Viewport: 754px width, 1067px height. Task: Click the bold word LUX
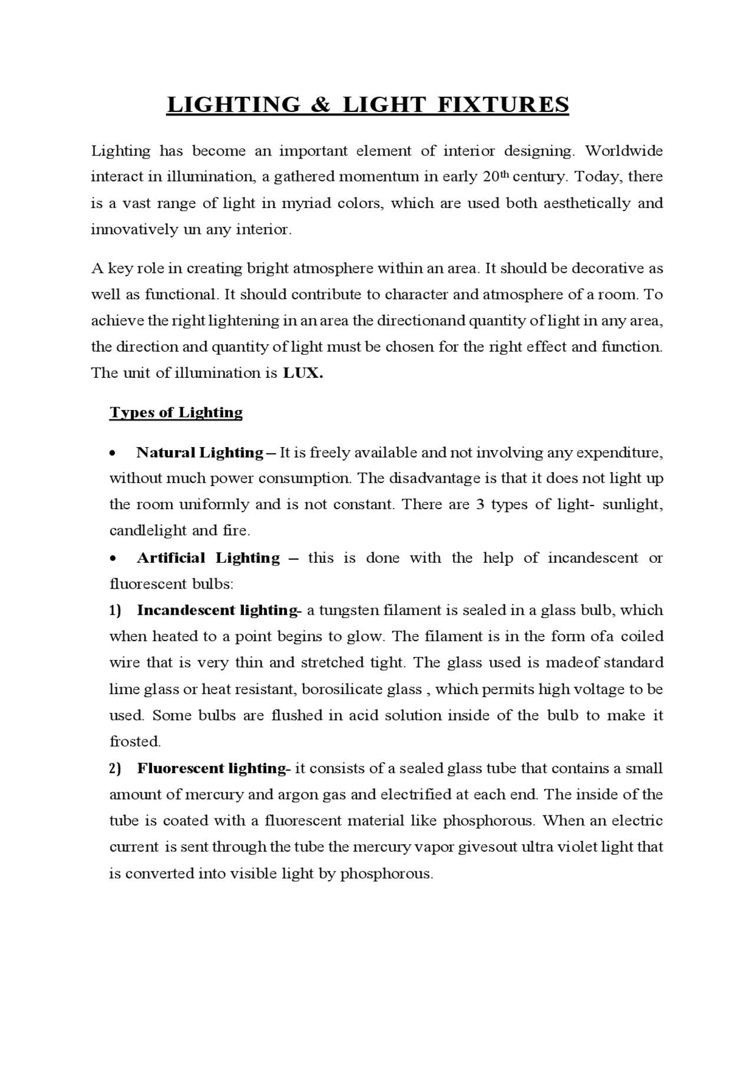pos(303,373)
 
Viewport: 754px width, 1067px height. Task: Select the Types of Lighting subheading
pos(176,412)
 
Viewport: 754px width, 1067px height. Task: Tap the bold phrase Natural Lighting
pos(199,452)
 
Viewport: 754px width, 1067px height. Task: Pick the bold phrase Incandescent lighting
pos(216,610)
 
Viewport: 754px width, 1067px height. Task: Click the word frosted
pos(135,742)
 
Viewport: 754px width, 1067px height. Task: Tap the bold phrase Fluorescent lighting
pos(211,769)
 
